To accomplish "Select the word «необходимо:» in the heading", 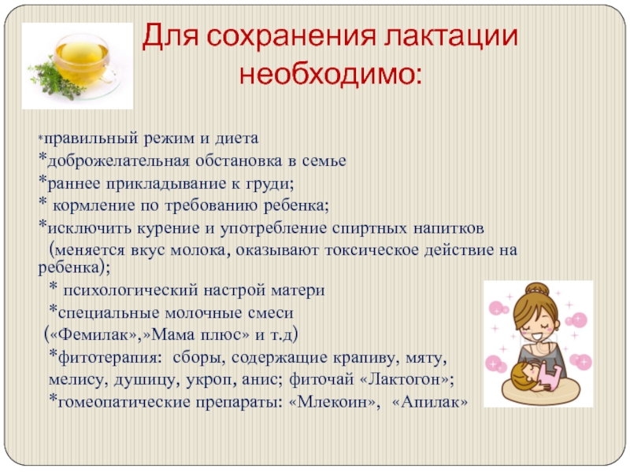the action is [331, 74].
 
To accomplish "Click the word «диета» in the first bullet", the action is [237, 138].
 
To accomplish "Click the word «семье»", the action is [324, 161].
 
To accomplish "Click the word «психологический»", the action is [131, 290].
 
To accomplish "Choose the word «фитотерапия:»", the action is [109, 358].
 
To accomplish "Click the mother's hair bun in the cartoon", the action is [538, 289].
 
